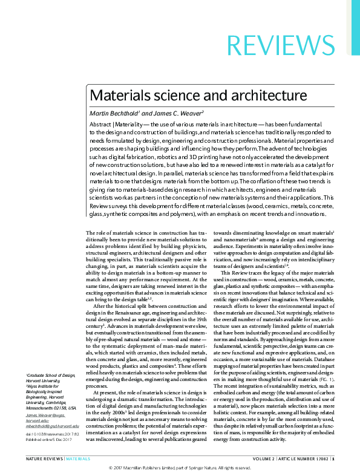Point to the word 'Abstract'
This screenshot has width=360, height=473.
[100, 124]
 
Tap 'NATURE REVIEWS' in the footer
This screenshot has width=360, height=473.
[44, 459]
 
